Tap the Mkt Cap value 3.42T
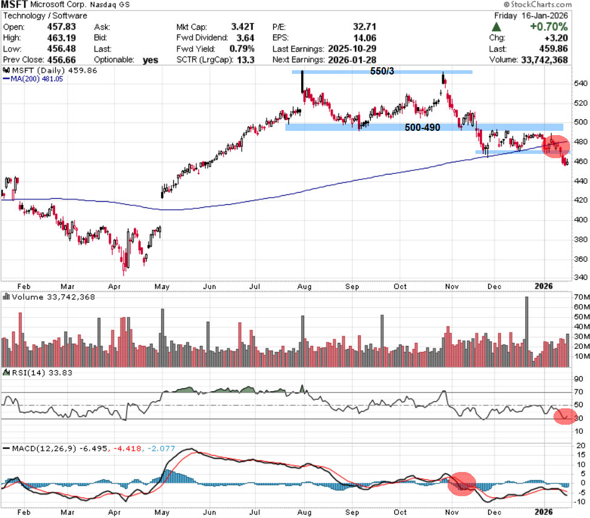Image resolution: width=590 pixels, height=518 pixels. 243,27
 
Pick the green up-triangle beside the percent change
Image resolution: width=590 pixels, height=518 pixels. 496,27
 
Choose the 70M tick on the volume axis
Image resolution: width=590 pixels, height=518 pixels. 581,297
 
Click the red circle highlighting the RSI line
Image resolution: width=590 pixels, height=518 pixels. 564,416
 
